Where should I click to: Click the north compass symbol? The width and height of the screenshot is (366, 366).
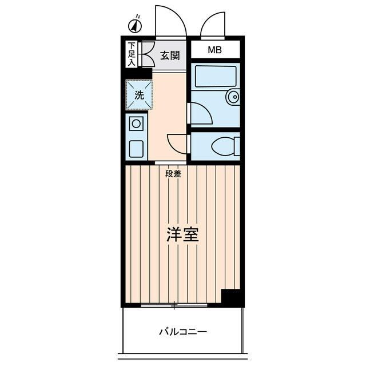click(x=136, y=26)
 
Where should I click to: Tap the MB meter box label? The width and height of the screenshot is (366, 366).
click(x=214, y=50)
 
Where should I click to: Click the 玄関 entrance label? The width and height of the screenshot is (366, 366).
click(x=169, y=55)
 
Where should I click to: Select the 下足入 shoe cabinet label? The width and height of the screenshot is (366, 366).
click(x=132, y=54)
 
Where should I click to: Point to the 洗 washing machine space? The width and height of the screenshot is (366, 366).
click(x=139, y=95)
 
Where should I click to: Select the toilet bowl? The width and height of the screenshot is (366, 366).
click(x=224, y=146)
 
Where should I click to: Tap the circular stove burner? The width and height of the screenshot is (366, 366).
click(x=137, y=124)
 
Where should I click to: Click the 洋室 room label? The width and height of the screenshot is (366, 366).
click(x=182, y=235)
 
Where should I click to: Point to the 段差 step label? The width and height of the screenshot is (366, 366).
click(x=173, y=174)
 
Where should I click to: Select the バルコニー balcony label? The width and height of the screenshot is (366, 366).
click(x=182, y=332)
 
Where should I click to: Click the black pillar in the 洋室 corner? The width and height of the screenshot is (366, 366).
click(x=231, y=297)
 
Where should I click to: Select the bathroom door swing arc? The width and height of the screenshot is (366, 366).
click(x=200, y=113)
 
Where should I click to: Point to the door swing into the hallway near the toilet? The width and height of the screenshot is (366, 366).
click(x=177, y=143)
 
